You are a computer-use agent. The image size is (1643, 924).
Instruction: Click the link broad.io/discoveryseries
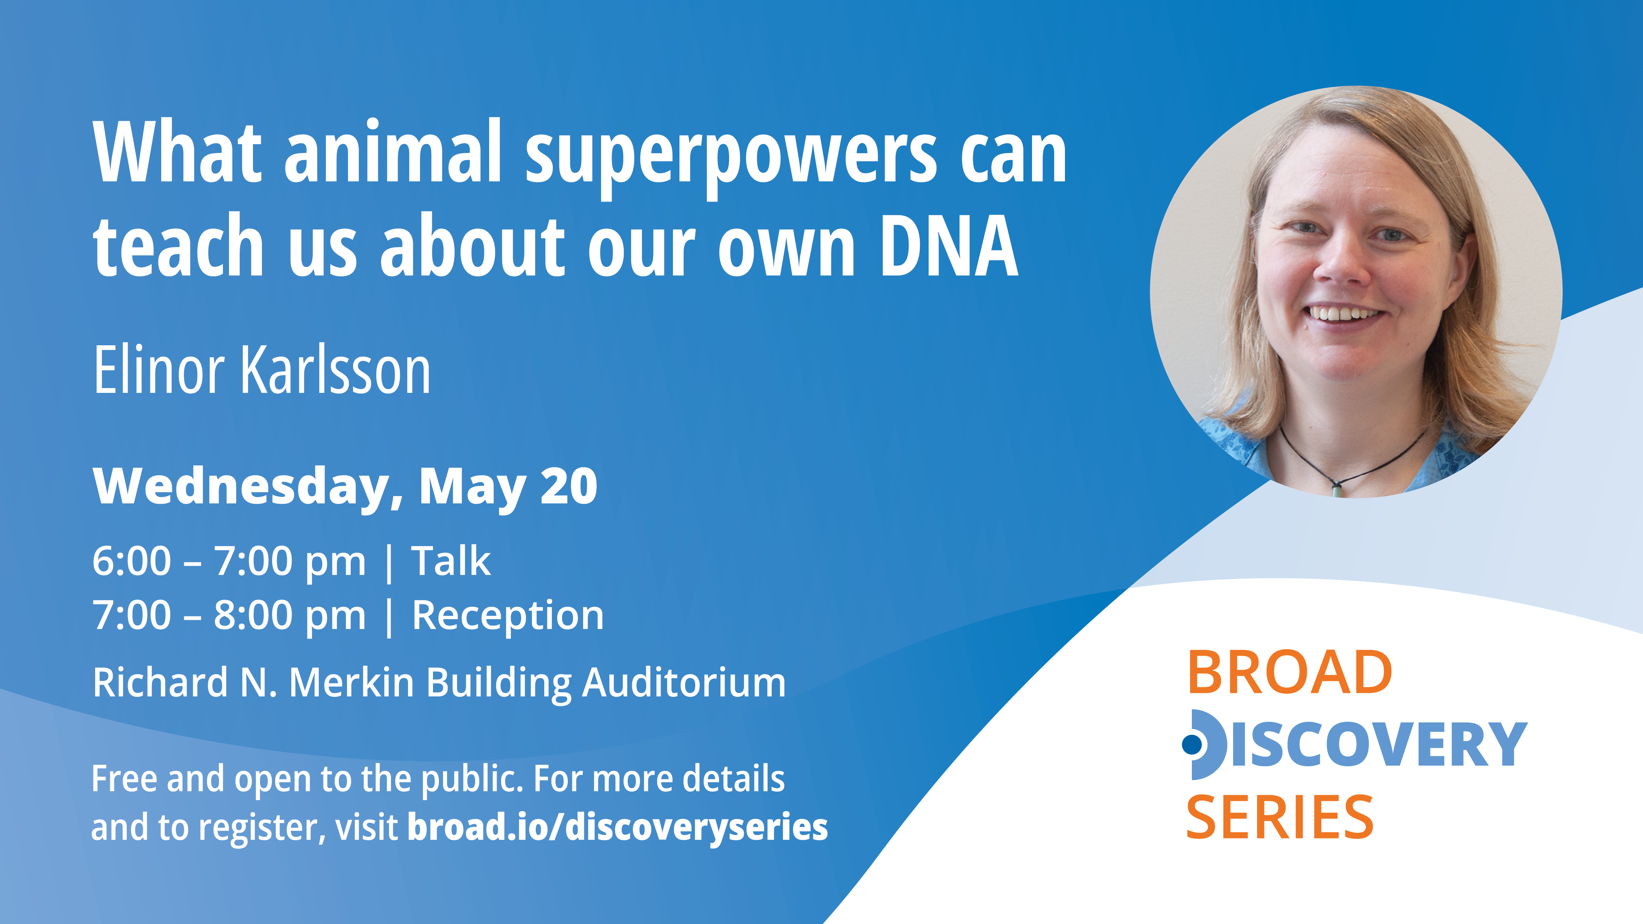click(617, 827)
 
